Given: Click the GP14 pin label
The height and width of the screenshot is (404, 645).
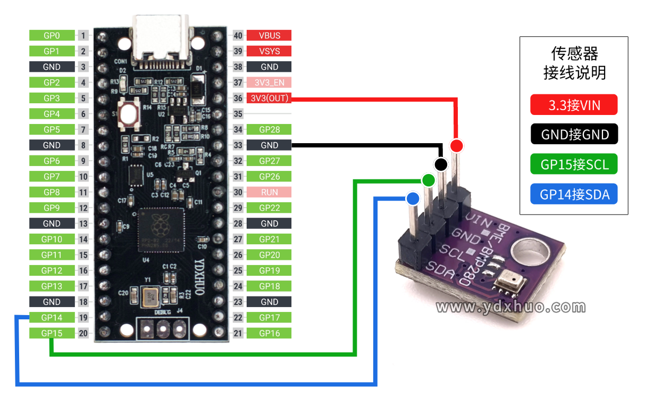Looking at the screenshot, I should tap(52, 318).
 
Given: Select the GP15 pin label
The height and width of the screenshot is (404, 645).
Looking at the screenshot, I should tap(52, 333).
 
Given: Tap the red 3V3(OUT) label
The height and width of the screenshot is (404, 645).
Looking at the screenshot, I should tap(270, 98).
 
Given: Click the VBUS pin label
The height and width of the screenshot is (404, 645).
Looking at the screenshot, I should tap(270, 36).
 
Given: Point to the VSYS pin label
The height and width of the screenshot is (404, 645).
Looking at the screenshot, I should tap(270, 51).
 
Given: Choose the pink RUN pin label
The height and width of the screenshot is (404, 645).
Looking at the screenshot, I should tap(270, 192).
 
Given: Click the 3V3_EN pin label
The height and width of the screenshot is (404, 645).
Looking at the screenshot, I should tap(270, 83).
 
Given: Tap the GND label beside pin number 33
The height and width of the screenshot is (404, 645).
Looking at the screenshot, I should tap(270, 145).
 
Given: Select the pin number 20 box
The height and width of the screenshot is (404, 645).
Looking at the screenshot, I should tap(83, 333).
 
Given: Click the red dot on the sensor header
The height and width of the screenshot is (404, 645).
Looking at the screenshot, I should tap(456, 145).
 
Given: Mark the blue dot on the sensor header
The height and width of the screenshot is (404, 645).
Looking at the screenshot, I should tap(412, 199).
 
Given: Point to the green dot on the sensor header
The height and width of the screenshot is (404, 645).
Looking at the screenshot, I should tap(428, 180).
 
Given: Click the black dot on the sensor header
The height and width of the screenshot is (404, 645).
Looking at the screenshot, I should tap(441, 164).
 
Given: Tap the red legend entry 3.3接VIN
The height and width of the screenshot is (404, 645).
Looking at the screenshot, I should tap(574, 105).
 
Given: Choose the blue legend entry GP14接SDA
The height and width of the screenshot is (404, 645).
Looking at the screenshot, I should tap(574, 194).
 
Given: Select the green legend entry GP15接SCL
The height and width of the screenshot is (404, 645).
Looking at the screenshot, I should tap(574, 164).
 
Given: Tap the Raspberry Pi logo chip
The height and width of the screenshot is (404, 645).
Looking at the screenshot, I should tap(160, 229).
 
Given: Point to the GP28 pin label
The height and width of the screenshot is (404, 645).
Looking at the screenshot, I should tap(270, 129).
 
